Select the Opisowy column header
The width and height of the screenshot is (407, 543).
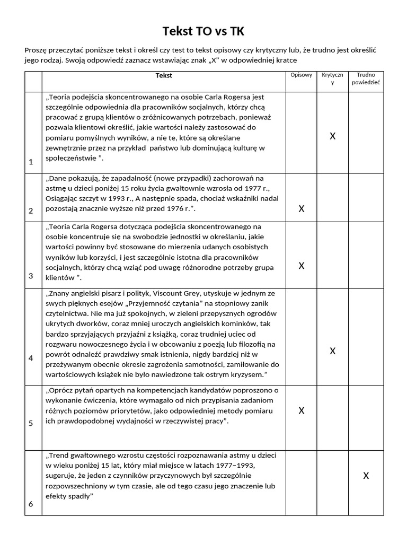click(302, 75)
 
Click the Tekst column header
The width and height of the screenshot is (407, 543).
click(164, 75)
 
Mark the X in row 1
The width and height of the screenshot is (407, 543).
click(333, 136)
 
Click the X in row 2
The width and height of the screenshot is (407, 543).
click(302, 209)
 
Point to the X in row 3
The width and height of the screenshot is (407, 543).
click(302, 266)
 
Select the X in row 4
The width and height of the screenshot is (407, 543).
click(333, 351)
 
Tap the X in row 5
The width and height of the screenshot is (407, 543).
click(302, 410)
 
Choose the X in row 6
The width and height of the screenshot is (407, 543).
click(366, 476)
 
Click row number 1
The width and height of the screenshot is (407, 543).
click(31, 162)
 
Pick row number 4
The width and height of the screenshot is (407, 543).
click(31, 358)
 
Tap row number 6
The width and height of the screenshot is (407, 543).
click(31, 504)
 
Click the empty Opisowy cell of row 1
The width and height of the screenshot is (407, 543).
click(302, 133)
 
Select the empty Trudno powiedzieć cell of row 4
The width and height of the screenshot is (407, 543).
click(366, 336)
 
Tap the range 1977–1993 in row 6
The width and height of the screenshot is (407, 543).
click(233, 465)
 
